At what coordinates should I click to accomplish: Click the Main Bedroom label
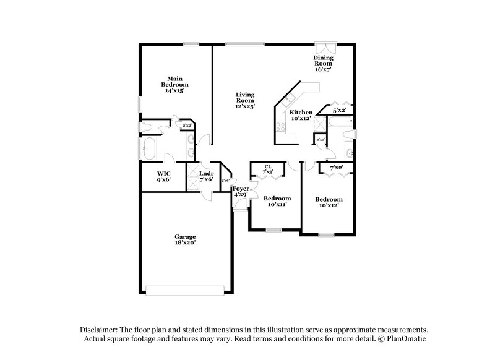tap(175, 81)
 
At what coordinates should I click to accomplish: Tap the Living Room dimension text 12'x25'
tap(245, 106)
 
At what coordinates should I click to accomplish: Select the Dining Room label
tap(324, 61)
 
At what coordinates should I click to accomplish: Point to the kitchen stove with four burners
tap(280, 128)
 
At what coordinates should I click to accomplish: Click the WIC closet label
tap(163, 173)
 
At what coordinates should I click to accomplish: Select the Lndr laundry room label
tap(206, 173)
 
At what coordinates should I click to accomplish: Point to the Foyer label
tap(240, 188)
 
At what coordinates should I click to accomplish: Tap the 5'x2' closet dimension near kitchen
tap(338, 110)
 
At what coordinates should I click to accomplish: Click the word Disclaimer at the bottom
tap(101, 330)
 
